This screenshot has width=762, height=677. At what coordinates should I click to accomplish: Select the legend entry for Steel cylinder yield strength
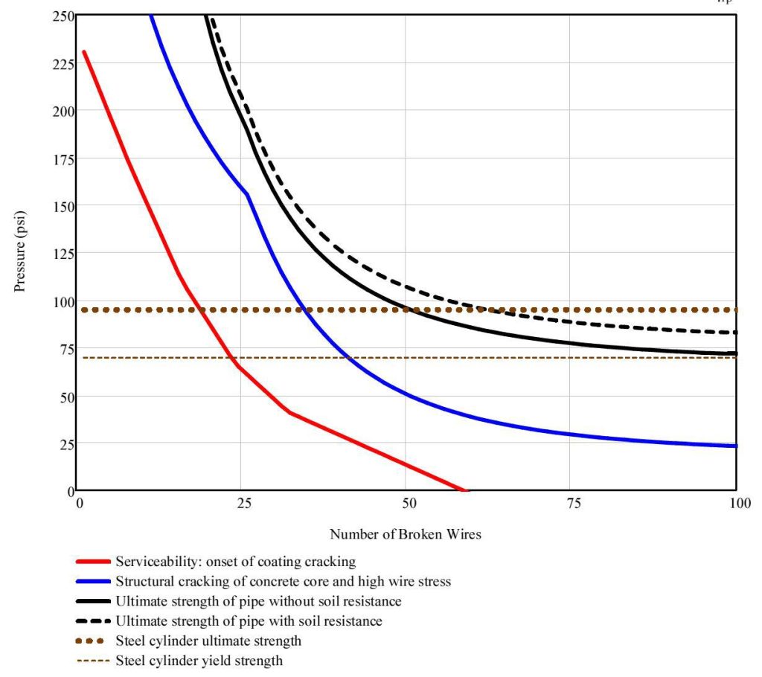[x=199, y=660]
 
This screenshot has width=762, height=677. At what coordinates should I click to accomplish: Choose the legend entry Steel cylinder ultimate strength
[x=208, y=641]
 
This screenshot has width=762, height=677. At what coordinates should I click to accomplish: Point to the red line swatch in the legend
[x=93, y=562]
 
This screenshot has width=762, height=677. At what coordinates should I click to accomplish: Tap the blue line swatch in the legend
[x=93, y=582]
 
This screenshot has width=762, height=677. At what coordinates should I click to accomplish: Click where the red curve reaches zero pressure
[x=463, y=490]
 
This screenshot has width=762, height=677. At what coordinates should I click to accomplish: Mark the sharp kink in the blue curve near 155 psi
[x=247, y=194]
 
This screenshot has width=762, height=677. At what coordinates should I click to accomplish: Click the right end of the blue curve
[x=735, y=446]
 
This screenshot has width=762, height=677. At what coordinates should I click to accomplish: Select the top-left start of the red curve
[x=84, y=52]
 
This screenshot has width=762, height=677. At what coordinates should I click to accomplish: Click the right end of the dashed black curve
[x=735, y=332]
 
